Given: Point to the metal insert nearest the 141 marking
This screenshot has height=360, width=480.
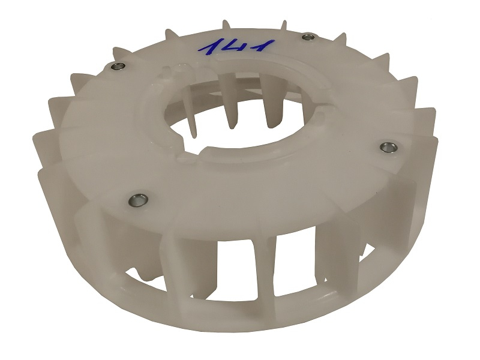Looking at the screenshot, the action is [307, 37].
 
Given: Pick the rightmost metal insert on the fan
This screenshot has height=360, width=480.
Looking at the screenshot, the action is [388, 147].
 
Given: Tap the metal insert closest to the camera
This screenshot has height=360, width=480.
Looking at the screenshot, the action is [137, 200].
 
